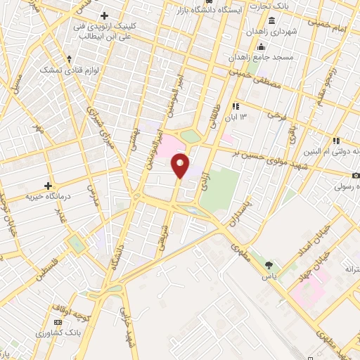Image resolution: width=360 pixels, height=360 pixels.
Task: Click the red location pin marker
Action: tap(180, 166)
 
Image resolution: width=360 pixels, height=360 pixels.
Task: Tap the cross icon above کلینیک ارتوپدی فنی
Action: tap(105, 15)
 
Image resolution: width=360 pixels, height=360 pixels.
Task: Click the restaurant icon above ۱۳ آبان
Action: tap(245, 105)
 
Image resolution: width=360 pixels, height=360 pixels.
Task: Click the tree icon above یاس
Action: tap(269, 265)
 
